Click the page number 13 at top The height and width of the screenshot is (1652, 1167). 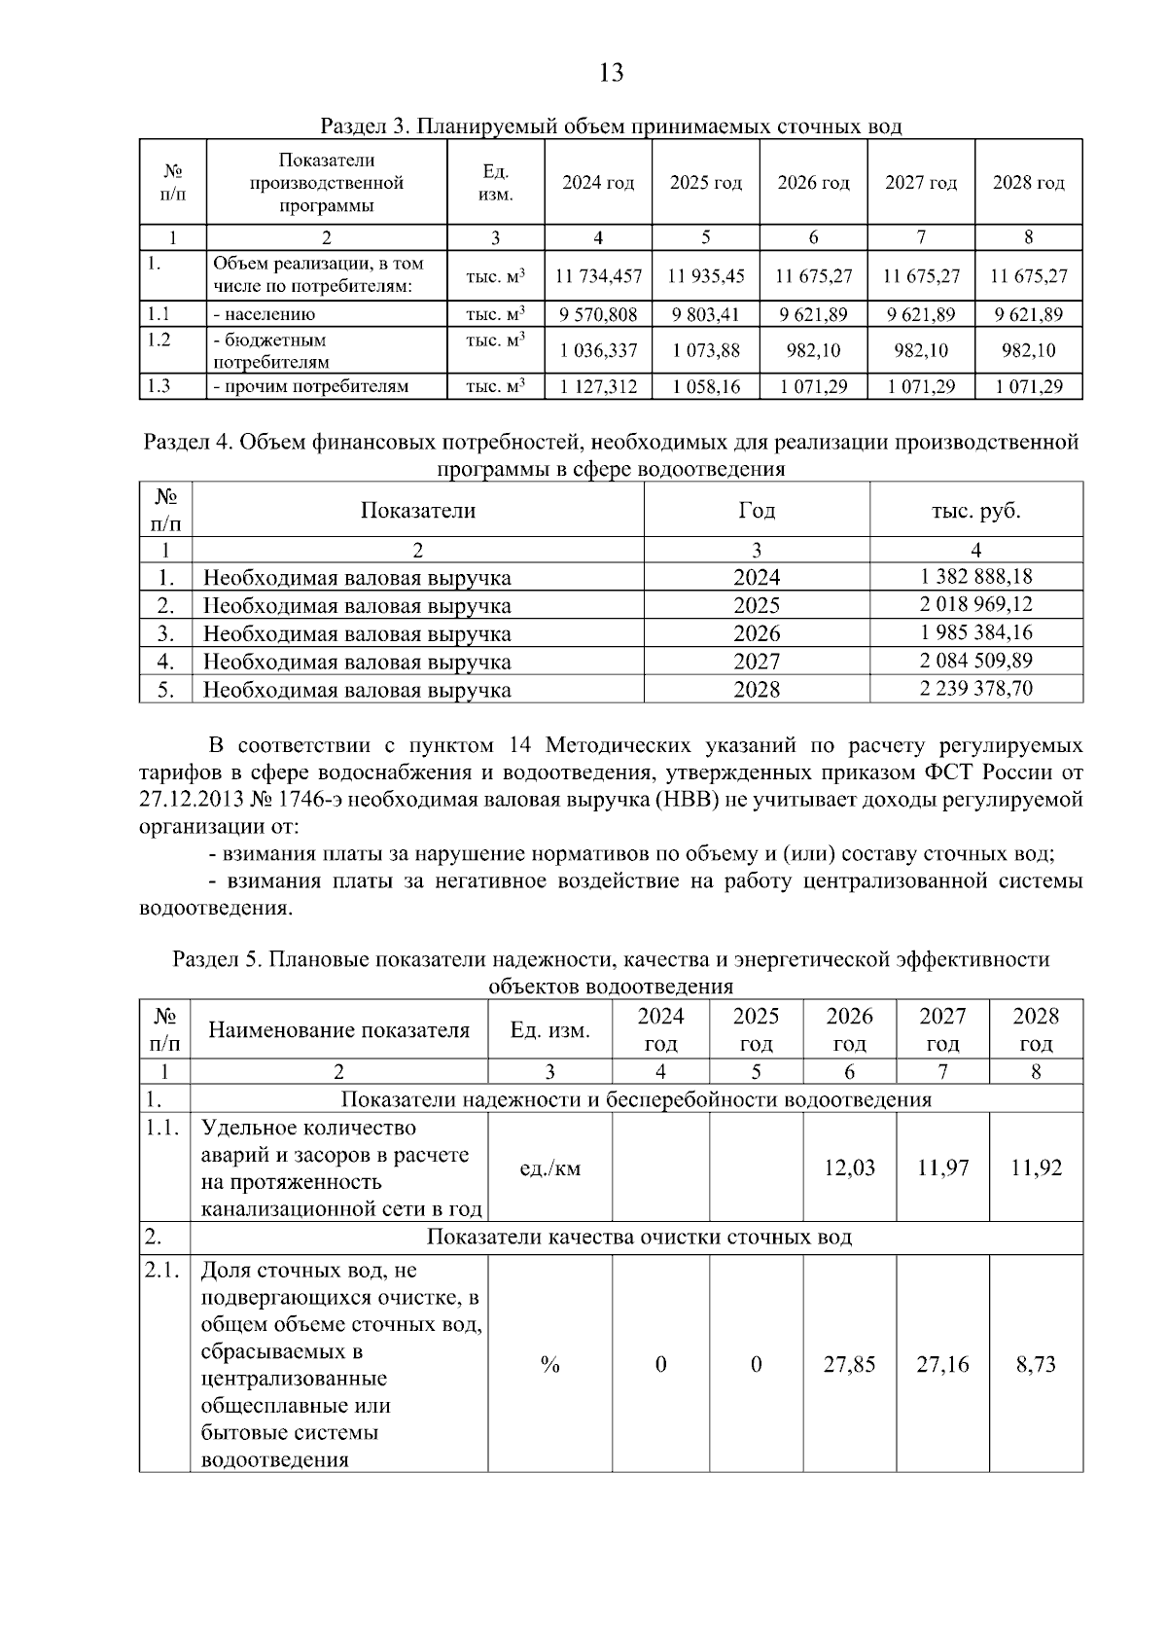pyautogui.click(x=611, y=73)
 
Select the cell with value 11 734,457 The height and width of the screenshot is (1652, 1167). pyautogui.click(x=598, y=276)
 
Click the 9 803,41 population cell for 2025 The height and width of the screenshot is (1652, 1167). pyautogui.click(x=706, y=314)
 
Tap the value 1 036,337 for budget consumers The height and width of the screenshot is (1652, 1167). pyautogui.click(x=598, y=350)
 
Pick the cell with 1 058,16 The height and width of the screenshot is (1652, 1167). pyautogui.click(x=706, y=386)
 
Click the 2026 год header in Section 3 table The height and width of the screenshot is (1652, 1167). pyautogui.click(x=813, y=183)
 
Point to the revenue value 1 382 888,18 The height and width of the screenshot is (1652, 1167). pyautogui.click(x=975, y=577)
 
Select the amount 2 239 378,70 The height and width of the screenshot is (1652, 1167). pyautogui.click(x=975, y=689)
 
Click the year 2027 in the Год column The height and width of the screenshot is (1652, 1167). pyautogui.click(x=756, y=662)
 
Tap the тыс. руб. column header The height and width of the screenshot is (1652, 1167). pyautogui.click(x=975, y=510)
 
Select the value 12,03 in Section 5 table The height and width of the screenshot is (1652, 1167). pyautogui.click(x=849, y=1167)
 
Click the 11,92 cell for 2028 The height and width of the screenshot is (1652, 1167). pyautogui.click(x=1036, y=1167)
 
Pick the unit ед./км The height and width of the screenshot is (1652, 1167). pyautogui.click(x=549, y=1168)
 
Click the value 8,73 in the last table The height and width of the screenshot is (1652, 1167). pyautogui.click(x=1036, y=1365)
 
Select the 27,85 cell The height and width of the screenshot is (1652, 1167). pyautogui.click(x=849, y=1365)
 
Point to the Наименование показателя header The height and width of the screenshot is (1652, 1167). pyautogui.click(x=338, y=1030)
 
